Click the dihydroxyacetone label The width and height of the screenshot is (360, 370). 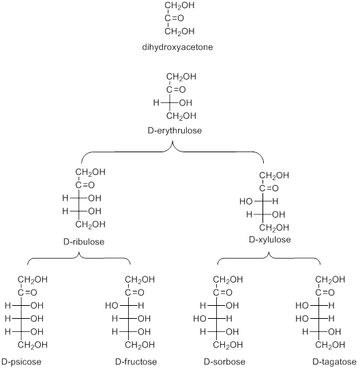tap(177, 47)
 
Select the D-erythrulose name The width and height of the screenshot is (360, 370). tap(175, 130)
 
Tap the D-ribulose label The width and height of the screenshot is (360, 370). tap(84, 242)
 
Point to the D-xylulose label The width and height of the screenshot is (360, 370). tap(270, 240)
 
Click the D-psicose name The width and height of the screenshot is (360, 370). tap(21, 362)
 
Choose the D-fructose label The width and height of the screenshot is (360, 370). tap(136, 362)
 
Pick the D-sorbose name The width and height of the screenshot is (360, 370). tap(224, 362)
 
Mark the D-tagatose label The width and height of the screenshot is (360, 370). tap(334, 362)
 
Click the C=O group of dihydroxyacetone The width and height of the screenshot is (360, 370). tap(175, 18)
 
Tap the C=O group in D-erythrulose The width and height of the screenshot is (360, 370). tap(176, 89)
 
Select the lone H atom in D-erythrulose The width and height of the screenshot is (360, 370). tap(156, 102)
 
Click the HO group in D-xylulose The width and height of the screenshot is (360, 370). tap(246, 201)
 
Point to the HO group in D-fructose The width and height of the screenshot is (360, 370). tap(112, 306)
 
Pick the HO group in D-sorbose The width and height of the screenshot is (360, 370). tap(200, 319)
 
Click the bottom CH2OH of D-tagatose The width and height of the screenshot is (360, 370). tap(330, 345)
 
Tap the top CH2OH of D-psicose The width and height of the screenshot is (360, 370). tap(33, 280)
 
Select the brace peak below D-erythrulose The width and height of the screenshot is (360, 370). tap(172, 141)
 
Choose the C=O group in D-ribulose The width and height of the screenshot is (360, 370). tap(85, 185)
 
